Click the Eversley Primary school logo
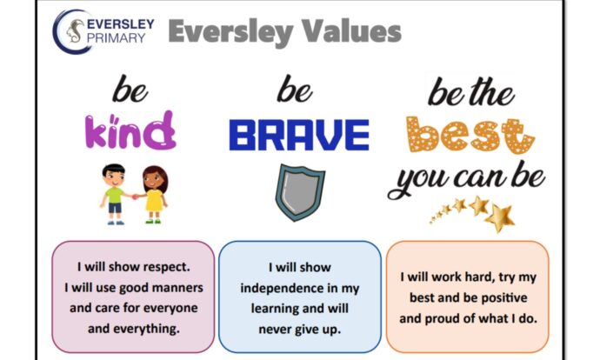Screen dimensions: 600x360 103,31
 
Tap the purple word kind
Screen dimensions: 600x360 130,130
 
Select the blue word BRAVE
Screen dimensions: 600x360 299,135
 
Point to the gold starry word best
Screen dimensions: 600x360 470,135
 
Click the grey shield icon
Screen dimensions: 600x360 300,192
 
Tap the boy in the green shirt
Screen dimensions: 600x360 114,194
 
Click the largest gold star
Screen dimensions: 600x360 500,218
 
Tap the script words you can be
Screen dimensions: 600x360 466,178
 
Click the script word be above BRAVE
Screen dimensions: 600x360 294,89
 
